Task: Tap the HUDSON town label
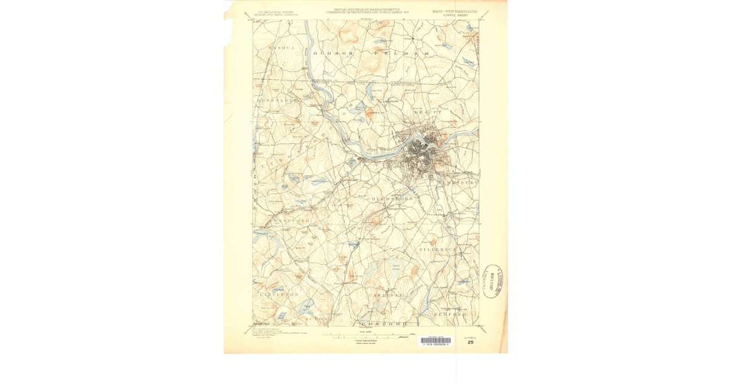333,54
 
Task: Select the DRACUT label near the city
427,113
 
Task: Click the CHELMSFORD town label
390,199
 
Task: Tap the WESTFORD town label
291,219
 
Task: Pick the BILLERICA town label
437,250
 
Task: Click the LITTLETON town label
279,294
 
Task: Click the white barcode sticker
436,341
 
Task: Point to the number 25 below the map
470,343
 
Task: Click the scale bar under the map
365,334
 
